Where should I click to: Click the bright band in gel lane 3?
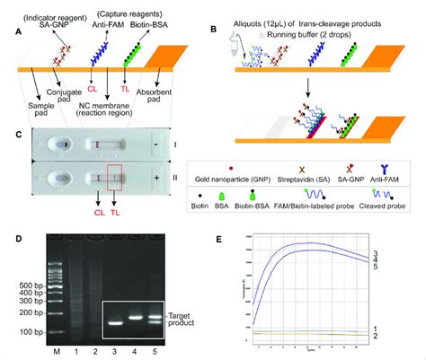(116, 321)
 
